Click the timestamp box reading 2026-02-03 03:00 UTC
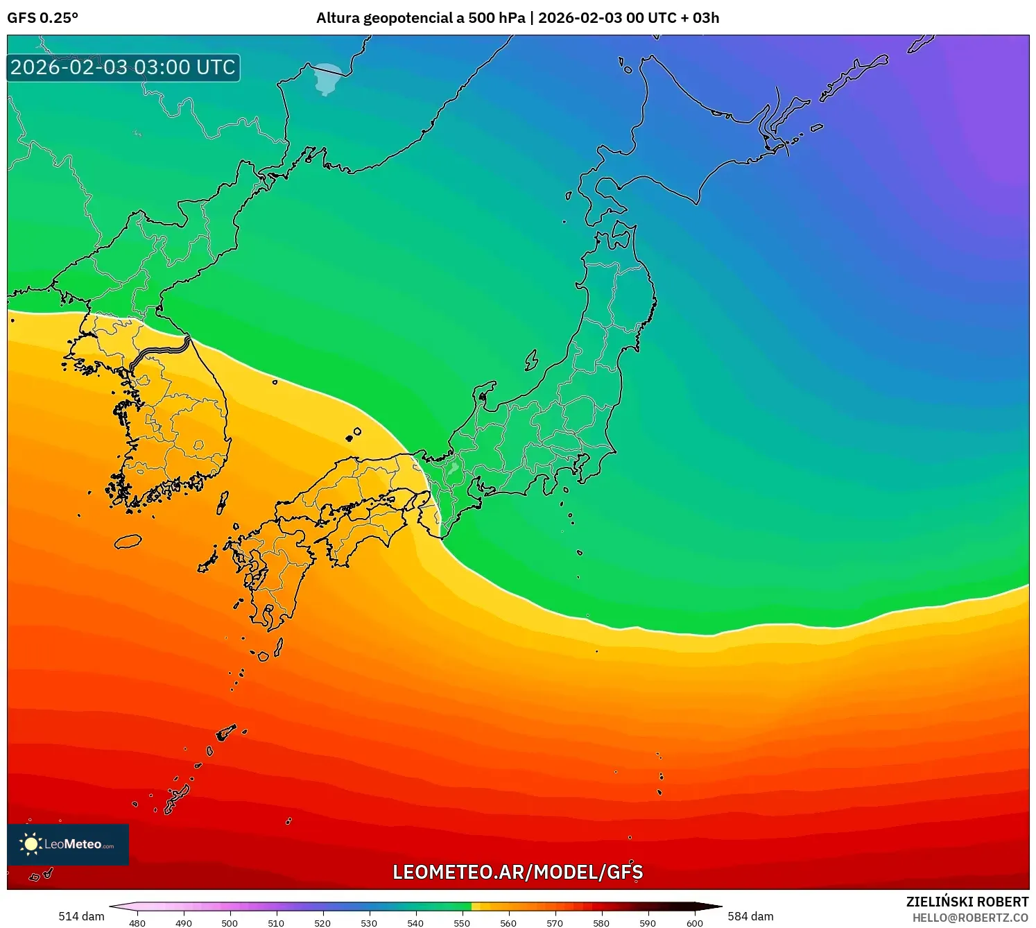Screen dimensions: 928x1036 (x=123, y=67)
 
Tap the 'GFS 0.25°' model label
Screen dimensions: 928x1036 (x=42, y=18)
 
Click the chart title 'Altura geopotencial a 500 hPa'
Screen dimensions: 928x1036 (x=420, y=18)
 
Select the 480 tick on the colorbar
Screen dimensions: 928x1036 (x=137, y=922)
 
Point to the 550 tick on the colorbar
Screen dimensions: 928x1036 (x=462, y=922)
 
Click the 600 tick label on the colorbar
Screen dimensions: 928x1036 (x=694, y=922)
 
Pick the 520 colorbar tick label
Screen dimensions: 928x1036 (x=322, y=922)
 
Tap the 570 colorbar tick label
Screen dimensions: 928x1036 (x=555, y=922)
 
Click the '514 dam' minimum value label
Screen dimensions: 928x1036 (x=81, y=916)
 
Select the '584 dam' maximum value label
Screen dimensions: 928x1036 (x=750, y=916)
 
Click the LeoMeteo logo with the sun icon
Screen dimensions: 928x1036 (x=68, y=844)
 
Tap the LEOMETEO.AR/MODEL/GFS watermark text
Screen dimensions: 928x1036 (x=517, y=872)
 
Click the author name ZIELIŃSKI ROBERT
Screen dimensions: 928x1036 (x=967, y=902)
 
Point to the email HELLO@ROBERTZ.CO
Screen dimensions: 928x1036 (x=970, y=918)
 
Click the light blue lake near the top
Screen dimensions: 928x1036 (x=327, y=77)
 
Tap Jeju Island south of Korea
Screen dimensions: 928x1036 (x=128, y=541)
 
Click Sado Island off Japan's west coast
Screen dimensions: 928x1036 (x=531, y=360)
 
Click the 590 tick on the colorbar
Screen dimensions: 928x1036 (x=648, y=922)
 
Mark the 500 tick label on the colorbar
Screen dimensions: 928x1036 (x=230, y=922)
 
